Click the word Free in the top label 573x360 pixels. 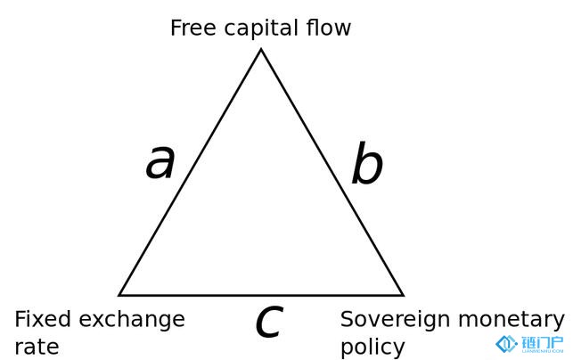click(x=193, y=28)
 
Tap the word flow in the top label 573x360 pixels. click(x=329, y=28)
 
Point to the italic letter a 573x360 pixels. click(x=160, y=162)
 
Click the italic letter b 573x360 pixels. click(x=367, y=163)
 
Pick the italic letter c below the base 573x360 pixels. click(x=270, y=322)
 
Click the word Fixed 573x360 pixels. click(x=43, y=319)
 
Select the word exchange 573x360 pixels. click(x=132, y=320)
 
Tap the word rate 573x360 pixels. click(x=37, y=347)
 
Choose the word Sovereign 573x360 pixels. click(x=396, y=320)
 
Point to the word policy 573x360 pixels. click(x=372, y=348)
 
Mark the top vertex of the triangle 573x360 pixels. click(x=261, y=49)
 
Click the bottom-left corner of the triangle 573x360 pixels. click(x=119, y=295)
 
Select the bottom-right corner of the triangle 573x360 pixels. click(x=403, y=295)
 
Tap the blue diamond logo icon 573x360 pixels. click(x=506, y=344)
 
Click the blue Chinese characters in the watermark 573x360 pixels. click(x=543, y=342)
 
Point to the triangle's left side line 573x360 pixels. click(x=190, y=172)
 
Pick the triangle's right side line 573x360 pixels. click(x=332, y=172)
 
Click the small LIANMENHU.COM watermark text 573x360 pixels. click(x=543, y=351)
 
